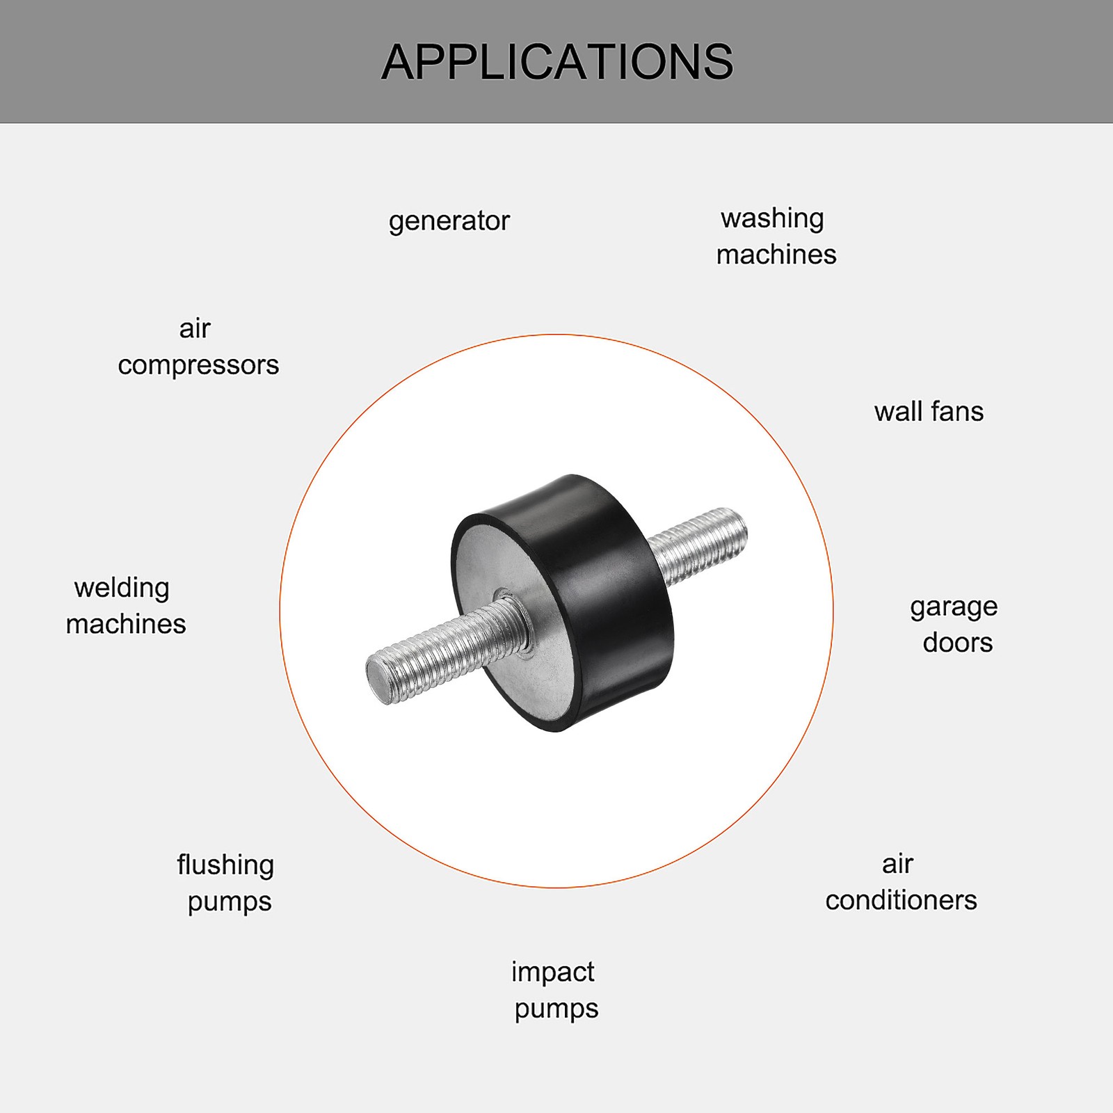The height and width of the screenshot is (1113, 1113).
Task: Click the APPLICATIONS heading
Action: [x=557, y=62]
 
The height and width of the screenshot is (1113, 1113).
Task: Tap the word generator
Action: [x=449, y=222]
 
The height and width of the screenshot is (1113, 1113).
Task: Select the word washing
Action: [x=772, y=219]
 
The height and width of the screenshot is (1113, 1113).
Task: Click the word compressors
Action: [x=198, y=366]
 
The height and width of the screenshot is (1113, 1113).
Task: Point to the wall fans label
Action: [x=929, y=412]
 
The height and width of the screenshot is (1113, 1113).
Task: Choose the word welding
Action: [x=122, y=588]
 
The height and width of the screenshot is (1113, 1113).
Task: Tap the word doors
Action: [x=958, y=643]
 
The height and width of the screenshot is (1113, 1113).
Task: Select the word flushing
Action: [x=225, y=866]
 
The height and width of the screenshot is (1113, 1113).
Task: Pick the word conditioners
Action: [x=902, y=901]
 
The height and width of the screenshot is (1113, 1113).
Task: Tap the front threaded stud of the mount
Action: [x=445, y=650]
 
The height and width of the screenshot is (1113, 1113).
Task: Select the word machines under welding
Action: [x=126, y=625]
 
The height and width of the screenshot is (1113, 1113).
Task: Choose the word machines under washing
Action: [x=776, y=255]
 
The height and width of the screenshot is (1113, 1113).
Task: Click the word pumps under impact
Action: [x=556, y=1009]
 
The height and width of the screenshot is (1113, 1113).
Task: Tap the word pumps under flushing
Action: [x=230, y=902]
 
